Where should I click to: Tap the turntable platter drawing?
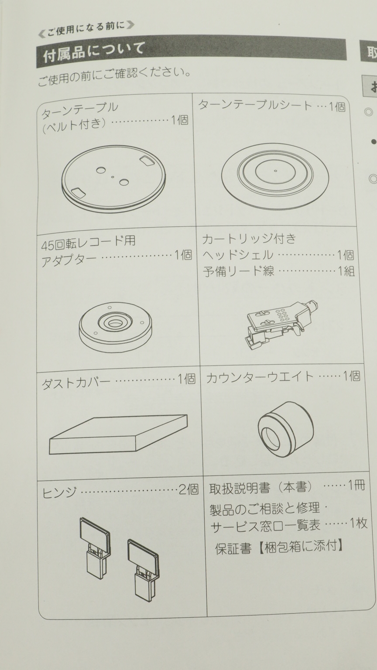[x=114, y=178]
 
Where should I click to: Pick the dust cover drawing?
[x=119, y=434]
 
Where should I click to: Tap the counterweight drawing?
[x=286, y=429]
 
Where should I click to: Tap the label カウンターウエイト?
[x=260, y=378]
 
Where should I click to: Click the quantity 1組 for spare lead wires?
[x=346, y=271]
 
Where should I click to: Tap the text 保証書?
[x=233, y=549]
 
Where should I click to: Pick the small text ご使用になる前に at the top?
[x=86, y=29]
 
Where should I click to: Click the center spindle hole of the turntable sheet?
[x=276, y=171]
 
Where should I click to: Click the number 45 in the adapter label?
[x=48, y=246]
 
